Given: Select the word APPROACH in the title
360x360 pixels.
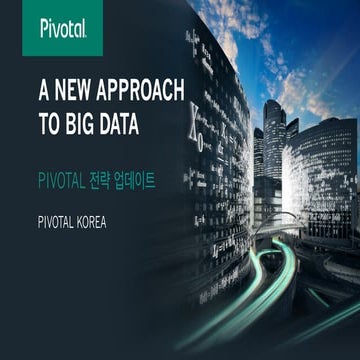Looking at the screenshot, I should coord(144,91).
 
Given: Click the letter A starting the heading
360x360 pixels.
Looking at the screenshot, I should coord(43,91).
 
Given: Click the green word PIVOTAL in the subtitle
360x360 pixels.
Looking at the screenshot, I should coord(65,181).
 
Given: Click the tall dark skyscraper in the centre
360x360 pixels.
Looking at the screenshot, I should coord(273,140).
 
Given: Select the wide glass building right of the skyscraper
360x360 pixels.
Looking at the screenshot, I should coord(326,160).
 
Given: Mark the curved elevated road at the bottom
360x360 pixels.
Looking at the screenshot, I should coord(300,250).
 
